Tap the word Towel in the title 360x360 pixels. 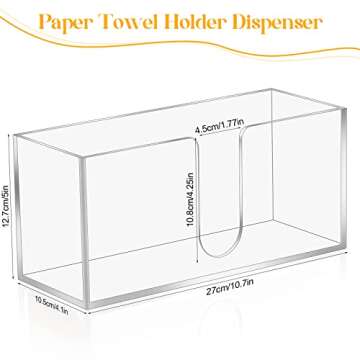click(x=136, y=21)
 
